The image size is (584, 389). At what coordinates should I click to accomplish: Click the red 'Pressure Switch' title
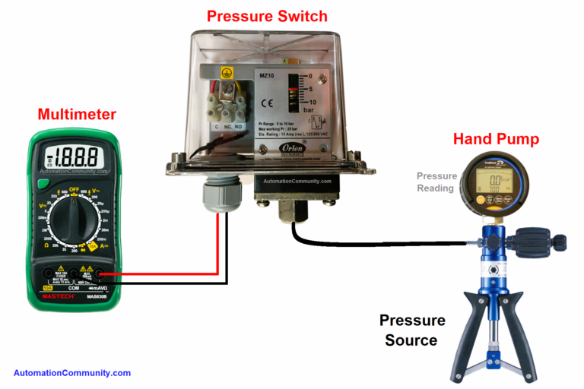click(x=267, y=16)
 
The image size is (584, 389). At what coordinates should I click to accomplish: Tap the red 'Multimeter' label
click(x=77, y=115)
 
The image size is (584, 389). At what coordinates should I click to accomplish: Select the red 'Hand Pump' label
click(x=496, y=139)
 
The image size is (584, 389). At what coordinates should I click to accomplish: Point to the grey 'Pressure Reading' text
click(x=436, y=182)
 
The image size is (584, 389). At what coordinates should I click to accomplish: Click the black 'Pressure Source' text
click(x=411, y=330)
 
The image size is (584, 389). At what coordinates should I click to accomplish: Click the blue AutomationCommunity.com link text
click(x=72, y=373)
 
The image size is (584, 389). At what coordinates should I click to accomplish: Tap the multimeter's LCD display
click(x=75, y=157)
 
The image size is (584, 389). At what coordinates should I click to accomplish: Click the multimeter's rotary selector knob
click(x=74, y=220)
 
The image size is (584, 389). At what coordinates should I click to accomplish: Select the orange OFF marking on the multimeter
click(x=75, y=188)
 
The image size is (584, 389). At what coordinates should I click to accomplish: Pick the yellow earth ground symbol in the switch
click(x=225, y=73)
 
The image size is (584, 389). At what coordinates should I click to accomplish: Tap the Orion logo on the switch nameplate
click(x=293, y=147)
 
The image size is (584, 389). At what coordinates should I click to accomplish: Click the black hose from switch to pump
click(x=380, y=243)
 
